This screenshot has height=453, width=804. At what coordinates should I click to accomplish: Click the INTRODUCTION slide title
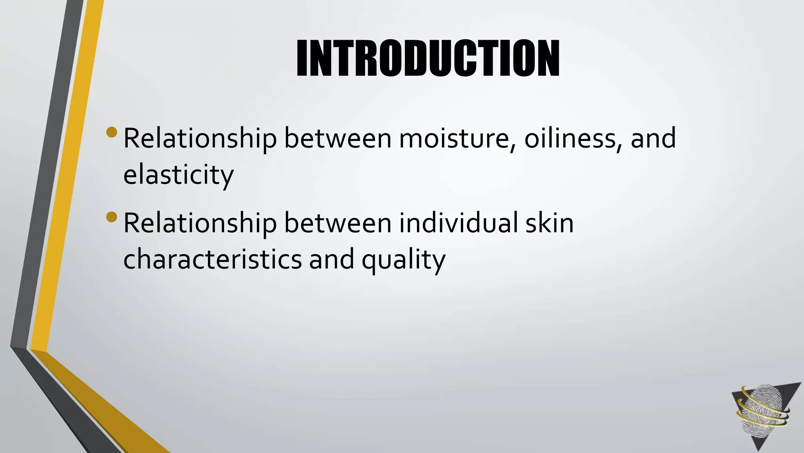428,59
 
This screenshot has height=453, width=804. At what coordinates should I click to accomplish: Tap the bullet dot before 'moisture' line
111,132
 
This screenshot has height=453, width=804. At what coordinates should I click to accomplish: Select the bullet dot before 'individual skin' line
111,217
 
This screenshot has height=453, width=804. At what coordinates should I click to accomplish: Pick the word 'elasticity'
178,175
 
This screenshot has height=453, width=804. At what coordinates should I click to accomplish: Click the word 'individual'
459,223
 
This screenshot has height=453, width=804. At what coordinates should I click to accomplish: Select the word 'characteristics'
212,260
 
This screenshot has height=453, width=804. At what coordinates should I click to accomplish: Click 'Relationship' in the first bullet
200,138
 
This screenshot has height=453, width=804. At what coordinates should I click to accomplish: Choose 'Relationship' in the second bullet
200,223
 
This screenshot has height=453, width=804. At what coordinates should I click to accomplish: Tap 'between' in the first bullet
338,138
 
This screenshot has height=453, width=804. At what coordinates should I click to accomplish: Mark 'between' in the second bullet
338,223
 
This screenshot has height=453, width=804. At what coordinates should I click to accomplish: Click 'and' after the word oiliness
653,138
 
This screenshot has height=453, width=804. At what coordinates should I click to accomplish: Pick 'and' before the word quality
332,260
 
